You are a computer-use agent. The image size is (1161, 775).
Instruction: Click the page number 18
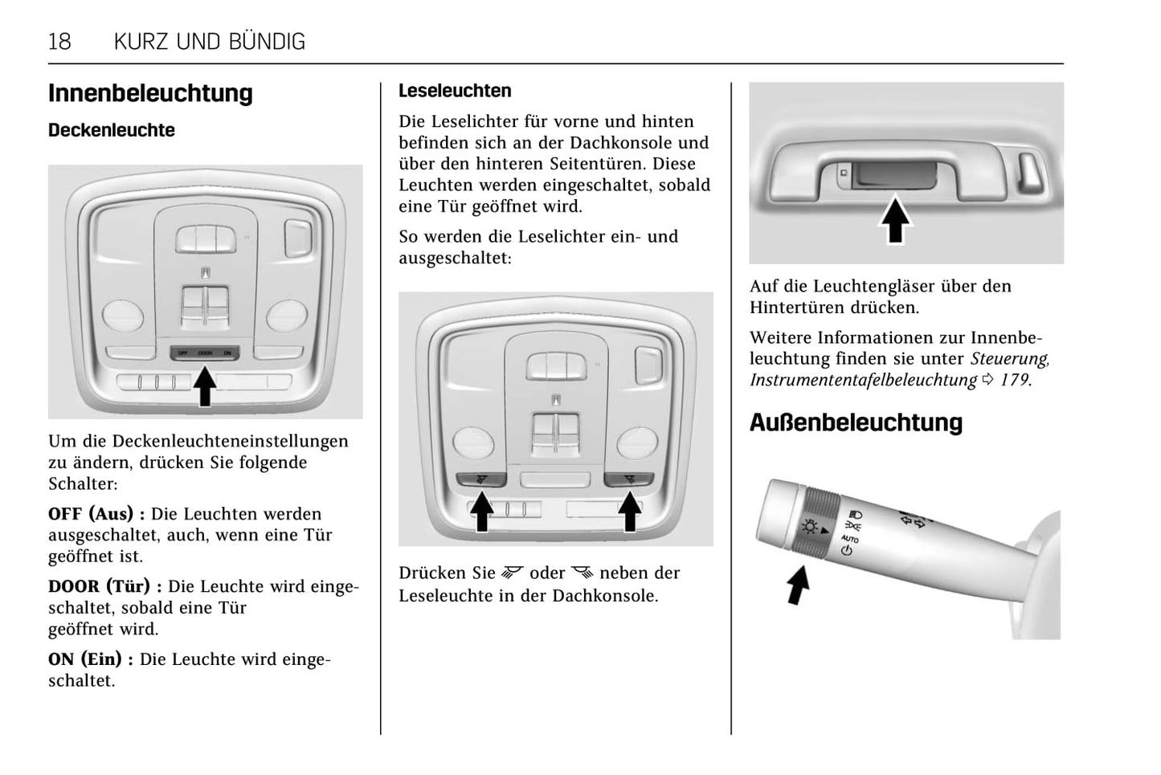coord(60,42)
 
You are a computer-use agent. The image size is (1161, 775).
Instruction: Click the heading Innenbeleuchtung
coord(150,93)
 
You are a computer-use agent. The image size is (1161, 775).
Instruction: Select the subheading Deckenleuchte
coord(112,130)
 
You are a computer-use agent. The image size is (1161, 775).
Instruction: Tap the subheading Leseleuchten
coord(455,91)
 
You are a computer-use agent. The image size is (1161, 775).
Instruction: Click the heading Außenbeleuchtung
coord(856,422)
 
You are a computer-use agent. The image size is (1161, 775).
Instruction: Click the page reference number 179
coord(1014,380)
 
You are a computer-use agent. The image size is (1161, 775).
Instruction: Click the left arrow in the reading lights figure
coord(481,511)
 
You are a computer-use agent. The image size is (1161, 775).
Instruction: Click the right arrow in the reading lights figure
coord(629,511)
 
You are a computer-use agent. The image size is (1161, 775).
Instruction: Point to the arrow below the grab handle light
coord(896,220)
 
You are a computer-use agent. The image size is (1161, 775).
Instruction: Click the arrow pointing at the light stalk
coord(797,585)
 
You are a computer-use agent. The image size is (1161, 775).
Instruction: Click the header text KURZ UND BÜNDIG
coord(210,42)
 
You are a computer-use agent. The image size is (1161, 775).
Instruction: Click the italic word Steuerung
coord(1009,359)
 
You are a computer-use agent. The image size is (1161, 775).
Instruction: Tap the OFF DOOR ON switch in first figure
coord(205,353)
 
